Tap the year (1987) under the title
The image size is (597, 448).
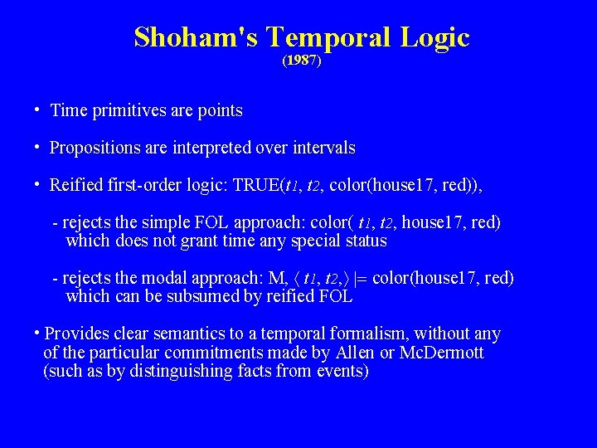(x=301, y=61)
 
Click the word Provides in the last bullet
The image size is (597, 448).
(x=76, y=334)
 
